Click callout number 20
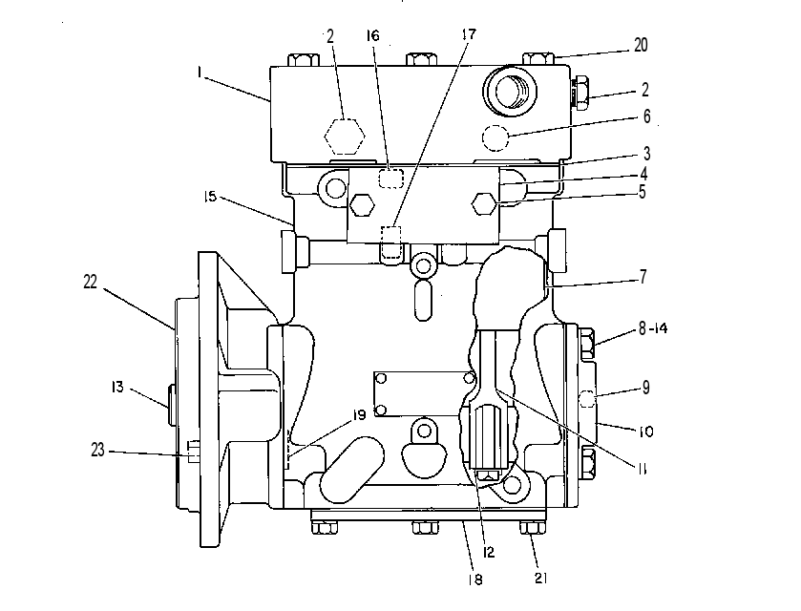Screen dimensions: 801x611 (641, 46)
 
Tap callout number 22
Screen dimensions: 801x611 (91, 282)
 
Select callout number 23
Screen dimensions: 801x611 (97, 450)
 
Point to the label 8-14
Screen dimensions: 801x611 (653, 328)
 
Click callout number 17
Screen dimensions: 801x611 (469, 34)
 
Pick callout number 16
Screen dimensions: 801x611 (373, 35)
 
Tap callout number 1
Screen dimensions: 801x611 (200, 73)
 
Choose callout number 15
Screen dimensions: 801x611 (210, 196)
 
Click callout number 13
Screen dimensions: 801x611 (117, 387)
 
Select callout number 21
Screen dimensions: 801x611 (541, 578)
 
